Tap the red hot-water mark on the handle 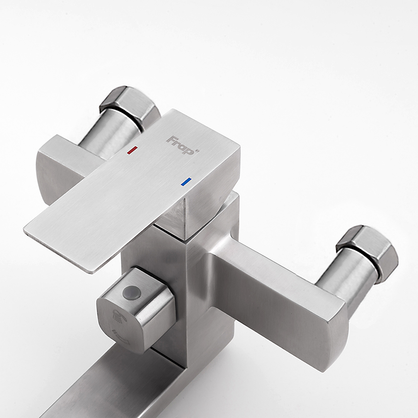pyautogui.click(x=132, y=150)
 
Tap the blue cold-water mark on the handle pyautogui.click(x=186, y=182)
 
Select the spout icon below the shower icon pyautogui.click(x=119, y=334)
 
